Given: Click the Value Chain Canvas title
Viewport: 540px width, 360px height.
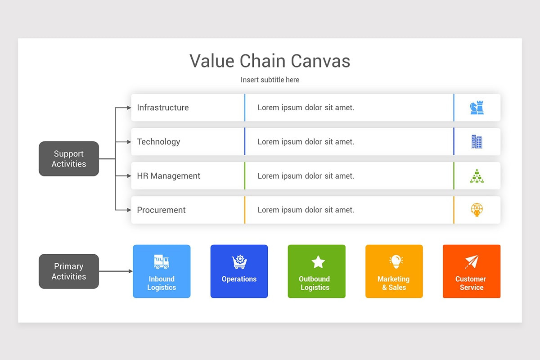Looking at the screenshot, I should point(270,61).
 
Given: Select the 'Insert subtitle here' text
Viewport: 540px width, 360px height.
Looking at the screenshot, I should point(270,80).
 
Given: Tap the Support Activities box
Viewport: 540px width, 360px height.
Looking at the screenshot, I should point(69,159).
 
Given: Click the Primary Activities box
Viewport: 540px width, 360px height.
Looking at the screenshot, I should point(69,271).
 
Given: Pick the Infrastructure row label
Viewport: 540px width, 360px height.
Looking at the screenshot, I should point(163,108).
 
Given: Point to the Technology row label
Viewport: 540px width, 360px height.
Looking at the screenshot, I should point(158,142).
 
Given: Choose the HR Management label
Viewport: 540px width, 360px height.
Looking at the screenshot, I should point(169,176).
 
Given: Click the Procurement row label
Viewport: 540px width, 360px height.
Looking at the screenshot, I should point(161,210).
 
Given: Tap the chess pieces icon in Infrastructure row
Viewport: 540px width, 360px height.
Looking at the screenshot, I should point(477,108).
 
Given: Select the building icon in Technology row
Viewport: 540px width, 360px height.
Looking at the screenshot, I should point(477,142).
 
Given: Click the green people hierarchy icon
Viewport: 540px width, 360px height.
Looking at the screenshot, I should point(477,176).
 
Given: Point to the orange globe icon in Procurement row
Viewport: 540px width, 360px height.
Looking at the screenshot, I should point(477,210).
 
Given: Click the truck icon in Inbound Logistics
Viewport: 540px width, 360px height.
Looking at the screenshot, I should point(162,261).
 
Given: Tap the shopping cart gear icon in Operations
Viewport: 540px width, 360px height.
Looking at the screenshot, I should point(239,261).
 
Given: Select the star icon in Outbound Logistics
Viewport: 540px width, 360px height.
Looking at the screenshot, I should point(318,261).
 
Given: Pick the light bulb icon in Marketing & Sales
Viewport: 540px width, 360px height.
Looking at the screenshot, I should point(396,261).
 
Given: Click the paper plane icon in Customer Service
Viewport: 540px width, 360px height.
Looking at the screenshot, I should point(472,261).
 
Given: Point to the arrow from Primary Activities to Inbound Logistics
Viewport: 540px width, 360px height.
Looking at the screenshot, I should point(116,271).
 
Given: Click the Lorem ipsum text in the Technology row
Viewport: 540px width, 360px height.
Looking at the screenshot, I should point(306,142).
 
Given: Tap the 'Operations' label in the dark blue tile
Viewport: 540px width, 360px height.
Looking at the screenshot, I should point(239,279).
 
